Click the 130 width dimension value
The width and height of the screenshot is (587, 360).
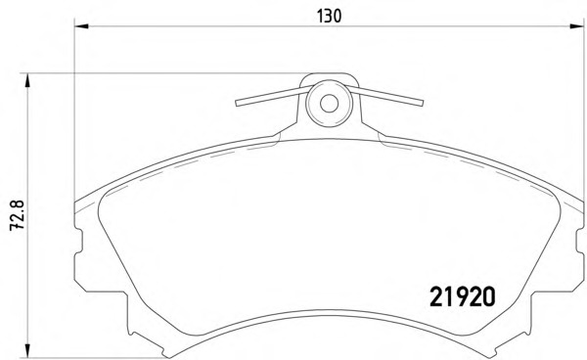tap(330, 16)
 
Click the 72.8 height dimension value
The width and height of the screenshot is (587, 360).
tap(18, 215)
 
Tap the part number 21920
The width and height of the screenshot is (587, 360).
tap(463, 296)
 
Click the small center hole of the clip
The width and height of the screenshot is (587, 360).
tap(329, 104)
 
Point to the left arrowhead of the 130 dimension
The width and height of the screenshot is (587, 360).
tap(81, 26)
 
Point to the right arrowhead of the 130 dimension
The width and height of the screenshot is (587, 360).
tap(577, 26)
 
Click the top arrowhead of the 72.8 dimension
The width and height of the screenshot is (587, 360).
tap(27, 80)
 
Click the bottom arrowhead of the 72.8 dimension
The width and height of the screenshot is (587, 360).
tap(27, 350)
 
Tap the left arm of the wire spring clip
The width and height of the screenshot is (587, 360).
tap(273, 96)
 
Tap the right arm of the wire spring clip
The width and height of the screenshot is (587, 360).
tap(384, 96)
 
